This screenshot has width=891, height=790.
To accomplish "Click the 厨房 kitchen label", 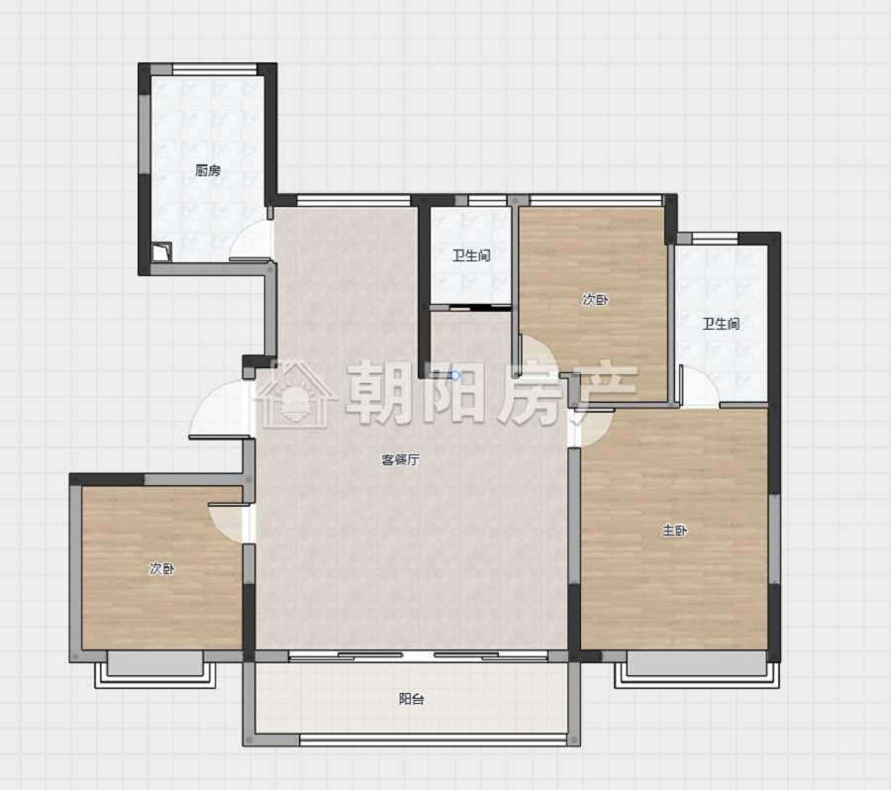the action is click(x=208, y=170).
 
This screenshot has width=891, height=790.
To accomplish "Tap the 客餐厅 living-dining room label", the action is click(x=400, y=459).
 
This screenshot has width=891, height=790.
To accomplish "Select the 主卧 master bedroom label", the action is click(x=674, y=531).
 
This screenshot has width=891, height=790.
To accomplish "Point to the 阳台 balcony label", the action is click(x=411, y=699).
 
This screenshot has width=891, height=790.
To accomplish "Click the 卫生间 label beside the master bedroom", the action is click(x=721, y=324).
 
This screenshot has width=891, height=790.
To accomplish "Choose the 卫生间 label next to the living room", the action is click(x=471, y=255).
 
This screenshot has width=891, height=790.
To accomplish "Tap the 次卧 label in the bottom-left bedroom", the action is click(x=162, y=568).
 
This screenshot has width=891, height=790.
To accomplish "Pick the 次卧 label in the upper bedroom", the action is click(x=595, y=300).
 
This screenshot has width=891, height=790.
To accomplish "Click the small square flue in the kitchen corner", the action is click(x=161, y=251).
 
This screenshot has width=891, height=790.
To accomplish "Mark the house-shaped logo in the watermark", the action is click(x=294, y=393).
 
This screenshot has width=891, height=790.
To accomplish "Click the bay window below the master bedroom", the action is click(x=697, y=669).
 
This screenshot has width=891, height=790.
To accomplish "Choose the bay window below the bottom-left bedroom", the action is click(x=155, y=669).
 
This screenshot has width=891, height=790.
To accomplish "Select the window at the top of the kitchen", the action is click(x=215, y=68).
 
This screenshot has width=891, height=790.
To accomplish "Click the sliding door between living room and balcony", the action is click(x=418, y=656).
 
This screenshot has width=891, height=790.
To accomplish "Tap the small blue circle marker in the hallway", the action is click(x=455, y=375).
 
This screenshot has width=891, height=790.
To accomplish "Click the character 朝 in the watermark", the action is click(x=378, y=393).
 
